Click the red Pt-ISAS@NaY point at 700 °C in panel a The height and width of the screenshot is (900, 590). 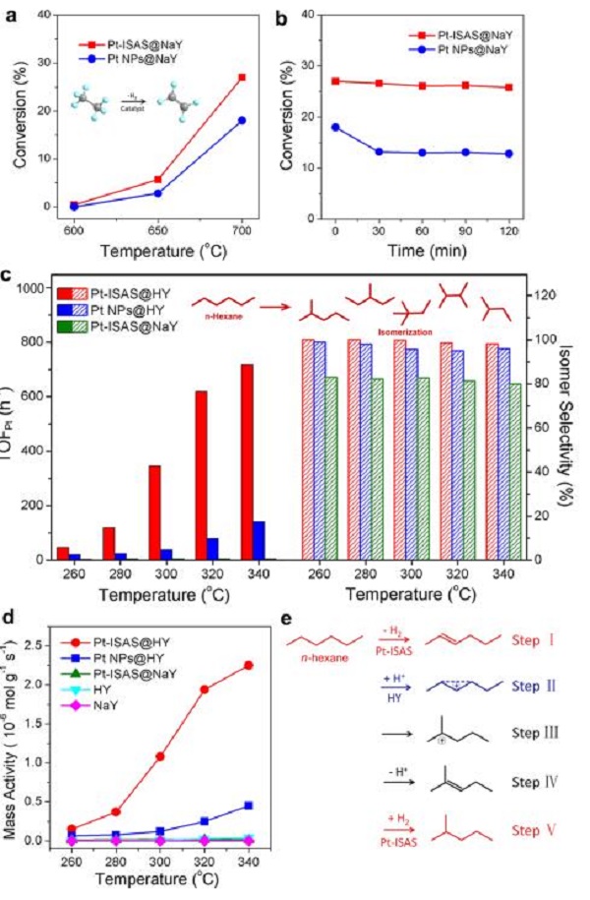[x=242, y=77]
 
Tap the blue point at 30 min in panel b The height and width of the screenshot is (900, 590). [x=378, y=151]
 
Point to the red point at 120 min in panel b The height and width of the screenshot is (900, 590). [x=535, y=88]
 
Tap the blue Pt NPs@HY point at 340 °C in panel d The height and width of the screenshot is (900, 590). [x=249, y=806]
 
